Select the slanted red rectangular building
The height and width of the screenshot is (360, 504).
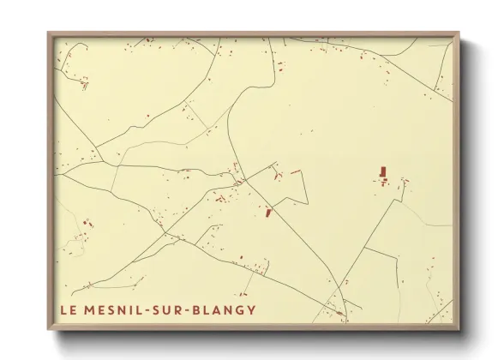click(268, 211)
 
